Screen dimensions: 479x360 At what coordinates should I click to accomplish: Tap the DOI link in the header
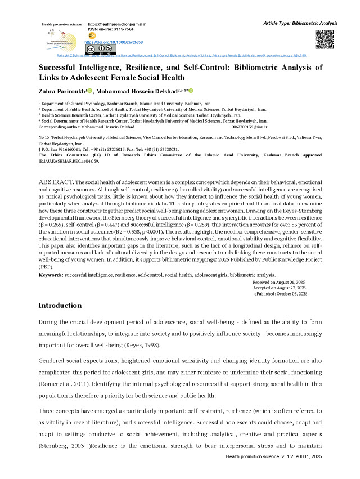click(114, 42)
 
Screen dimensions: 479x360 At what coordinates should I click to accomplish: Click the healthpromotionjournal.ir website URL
click(117, 25)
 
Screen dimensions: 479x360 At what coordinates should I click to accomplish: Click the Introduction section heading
click(60, 306)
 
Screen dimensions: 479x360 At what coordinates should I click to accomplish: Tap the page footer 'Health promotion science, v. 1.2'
click(281, 473)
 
